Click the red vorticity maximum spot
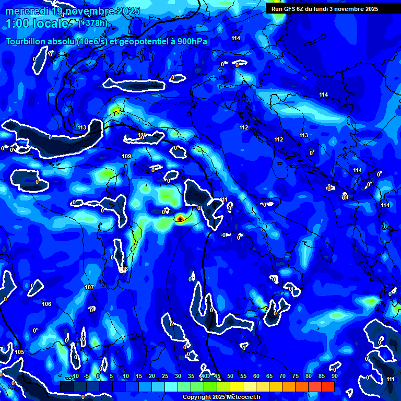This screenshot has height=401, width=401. (180, 219)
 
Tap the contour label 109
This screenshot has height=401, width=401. (126, 157)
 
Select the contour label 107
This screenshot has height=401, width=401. (89, 288)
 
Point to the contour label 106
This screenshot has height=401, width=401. (46, 304)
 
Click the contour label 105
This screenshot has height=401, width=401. (19, 352)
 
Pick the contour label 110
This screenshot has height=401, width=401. (142, 135)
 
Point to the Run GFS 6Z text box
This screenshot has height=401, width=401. (324, 8)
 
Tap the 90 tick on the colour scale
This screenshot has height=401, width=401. (334, 376)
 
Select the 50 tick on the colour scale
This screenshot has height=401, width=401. (230, 376)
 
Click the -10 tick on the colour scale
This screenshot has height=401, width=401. (75, 376)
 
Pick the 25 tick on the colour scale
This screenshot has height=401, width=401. (164, 376)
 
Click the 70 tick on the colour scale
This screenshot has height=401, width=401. (282, 376)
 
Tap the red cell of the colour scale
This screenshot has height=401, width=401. (328, 386)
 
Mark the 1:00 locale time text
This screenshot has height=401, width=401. (37, 23)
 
